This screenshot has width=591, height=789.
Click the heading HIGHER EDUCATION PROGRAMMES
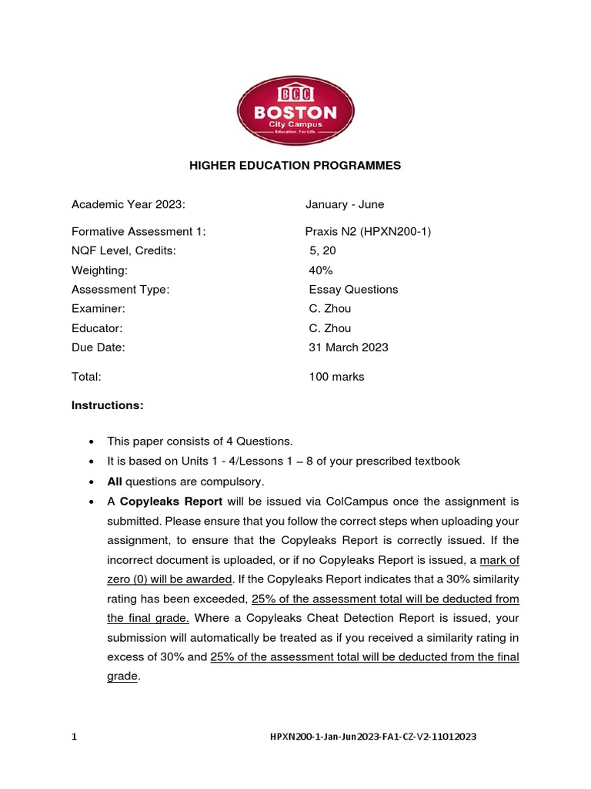point(295,166)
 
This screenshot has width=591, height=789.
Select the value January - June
point(344,204)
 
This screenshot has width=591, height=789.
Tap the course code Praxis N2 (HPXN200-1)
point(368,231)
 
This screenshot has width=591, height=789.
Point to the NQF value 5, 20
point(322,250)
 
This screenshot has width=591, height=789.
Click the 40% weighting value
point(321,270)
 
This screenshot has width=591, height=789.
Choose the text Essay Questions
point(353,290)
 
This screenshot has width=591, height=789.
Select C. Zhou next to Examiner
point(329,309)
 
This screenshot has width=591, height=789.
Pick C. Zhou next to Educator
point(329,328)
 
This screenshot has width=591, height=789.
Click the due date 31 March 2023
point(348,347)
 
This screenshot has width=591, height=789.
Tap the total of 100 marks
point(336,377)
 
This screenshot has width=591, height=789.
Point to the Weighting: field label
point(99,270)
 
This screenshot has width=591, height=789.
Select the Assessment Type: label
point(120,290)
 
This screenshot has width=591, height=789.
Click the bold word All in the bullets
point(115,482)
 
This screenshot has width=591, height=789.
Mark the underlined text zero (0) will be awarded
point(169,579)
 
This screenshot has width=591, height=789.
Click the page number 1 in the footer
point(75,737)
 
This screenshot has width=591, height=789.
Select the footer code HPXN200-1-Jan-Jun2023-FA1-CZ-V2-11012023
point(373,737)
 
